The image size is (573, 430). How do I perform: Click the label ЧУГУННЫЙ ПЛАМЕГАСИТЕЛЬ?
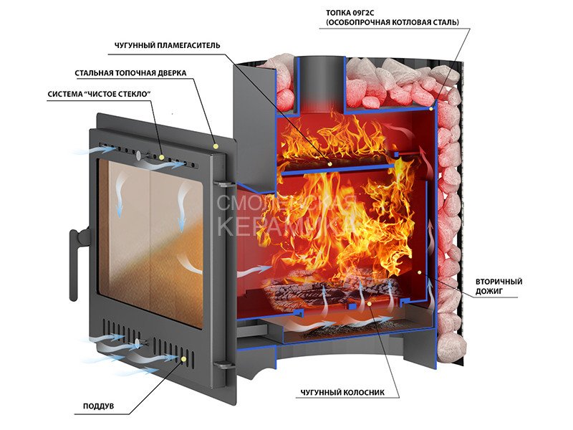pos(167,47)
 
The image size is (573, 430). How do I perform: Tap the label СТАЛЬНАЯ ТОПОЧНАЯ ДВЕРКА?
pos(130,73)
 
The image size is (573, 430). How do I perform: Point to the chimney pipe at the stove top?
pos(312,79)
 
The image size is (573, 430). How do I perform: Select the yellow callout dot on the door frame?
pos(216,145)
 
